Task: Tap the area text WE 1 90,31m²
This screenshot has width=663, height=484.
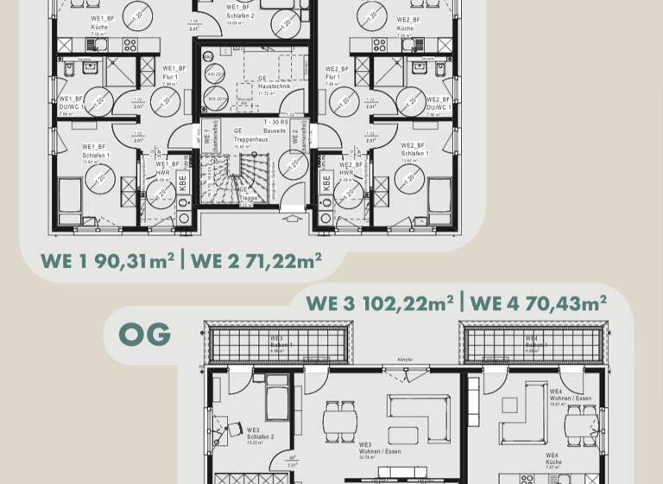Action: click(108, 260)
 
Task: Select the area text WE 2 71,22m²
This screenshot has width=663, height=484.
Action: click(256, 260)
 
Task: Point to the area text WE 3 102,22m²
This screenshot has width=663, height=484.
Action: click(380, 302)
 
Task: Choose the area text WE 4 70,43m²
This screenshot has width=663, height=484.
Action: click(540, 302)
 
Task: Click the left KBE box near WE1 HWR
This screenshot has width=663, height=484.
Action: click(183, 182)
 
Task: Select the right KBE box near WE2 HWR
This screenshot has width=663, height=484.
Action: click(327, 182)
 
